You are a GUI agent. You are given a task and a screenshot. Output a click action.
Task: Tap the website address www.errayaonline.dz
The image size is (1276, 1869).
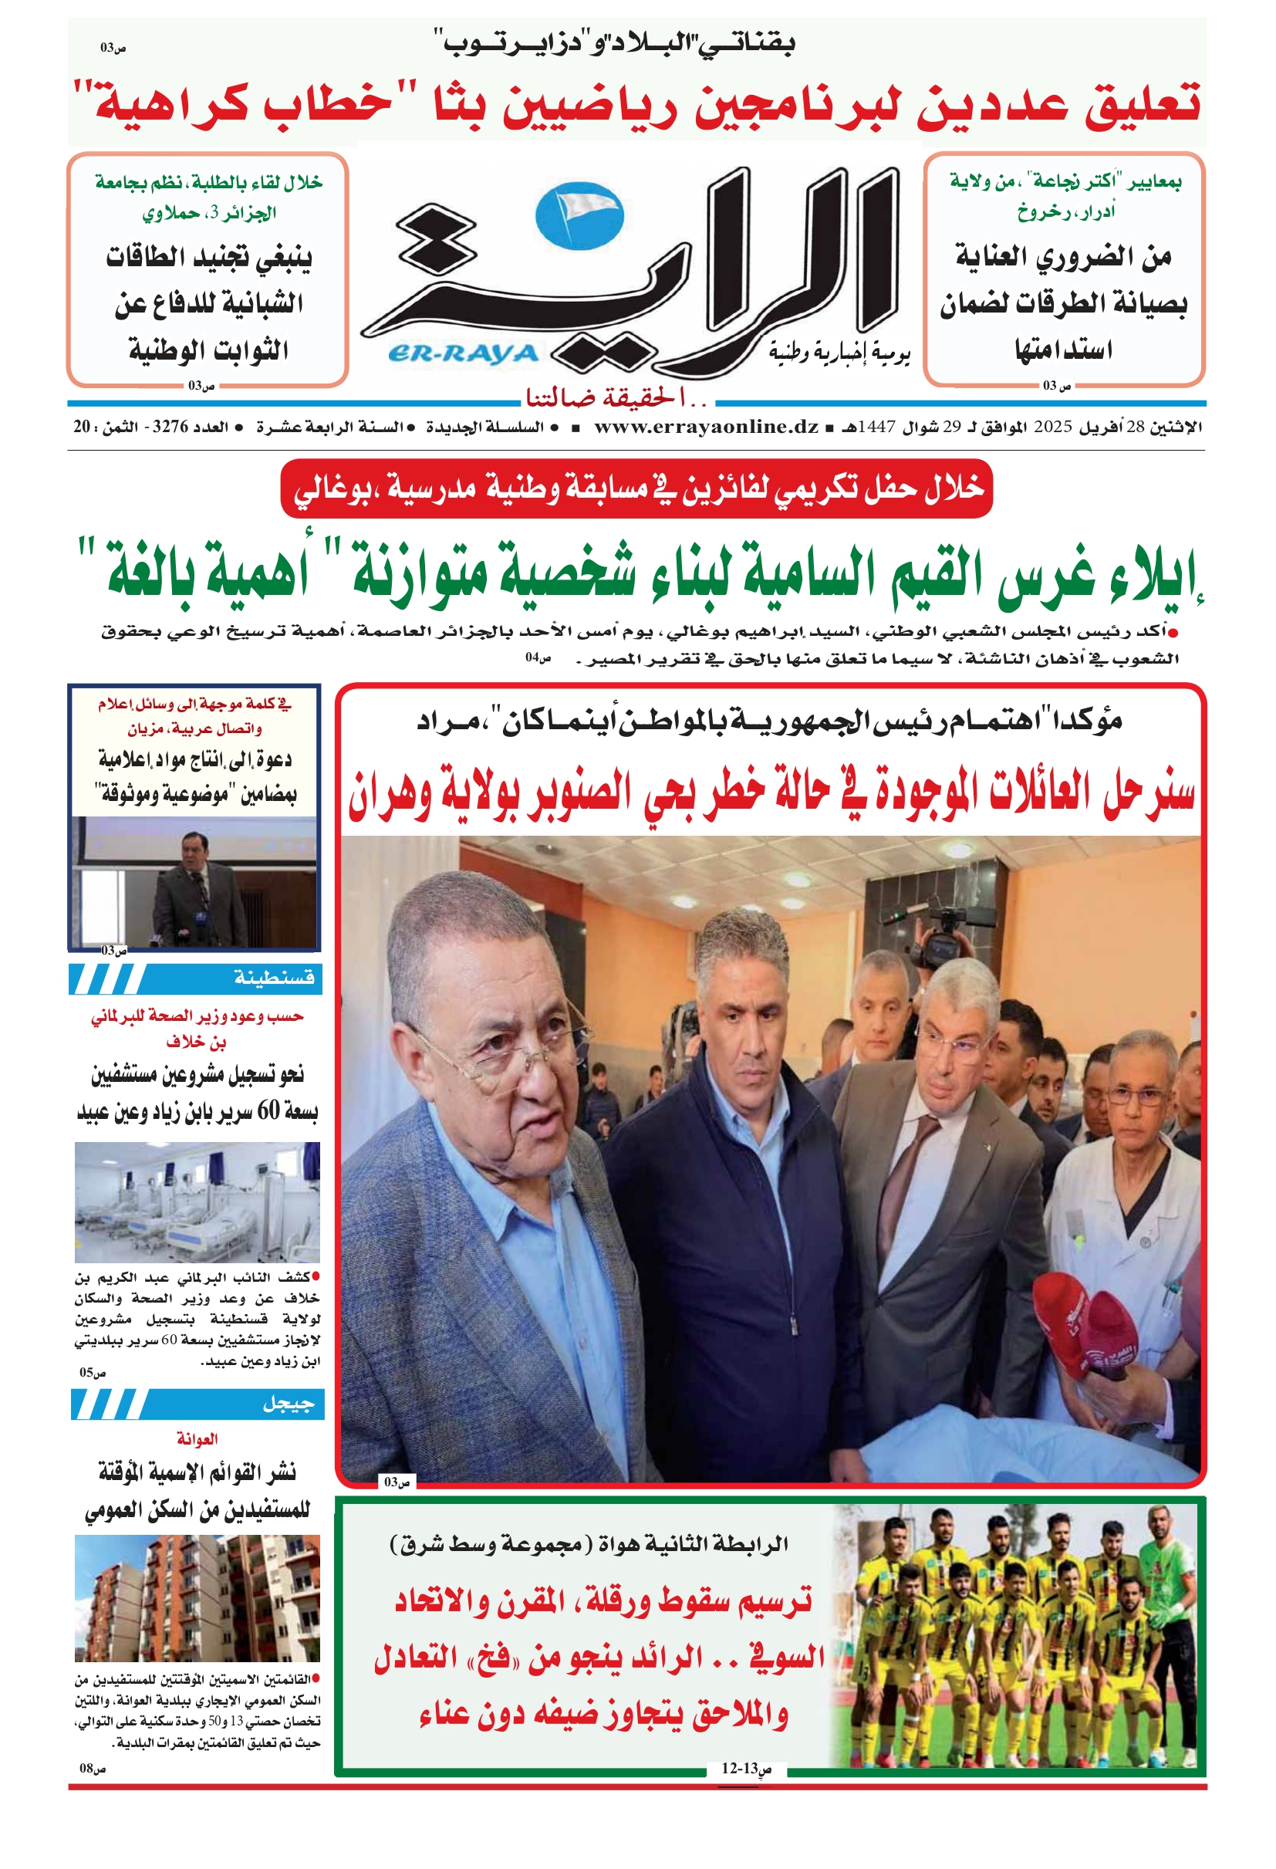tap(706, 427)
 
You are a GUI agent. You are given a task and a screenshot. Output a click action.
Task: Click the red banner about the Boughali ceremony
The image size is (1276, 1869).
tap(636, 488)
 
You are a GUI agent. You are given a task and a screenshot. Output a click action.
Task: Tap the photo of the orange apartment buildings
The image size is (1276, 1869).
tap(197, 1597)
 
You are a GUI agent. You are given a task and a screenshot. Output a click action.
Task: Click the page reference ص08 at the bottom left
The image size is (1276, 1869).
tap(93, 1768)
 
